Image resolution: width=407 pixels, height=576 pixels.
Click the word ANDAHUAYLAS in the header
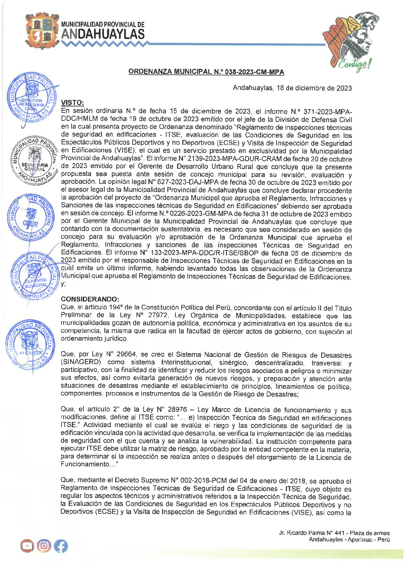103,34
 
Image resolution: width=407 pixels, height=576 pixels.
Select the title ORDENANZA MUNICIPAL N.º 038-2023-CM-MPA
206,72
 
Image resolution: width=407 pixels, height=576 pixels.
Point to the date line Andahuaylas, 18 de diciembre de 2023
292,88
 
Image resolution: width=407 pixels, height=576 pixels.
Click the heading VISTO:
72,103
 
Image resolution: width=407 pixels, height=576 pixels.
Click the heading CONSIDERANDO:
90,299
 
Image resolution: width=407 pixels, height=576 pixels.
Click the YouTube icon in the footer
27,546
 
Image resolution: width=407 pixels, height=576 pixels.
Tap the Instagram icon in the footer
44,546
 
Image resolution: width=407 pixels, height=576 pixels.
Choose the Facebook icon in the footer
61,546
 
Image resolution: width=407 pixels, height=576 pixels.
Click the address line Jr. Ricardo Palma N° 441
334,533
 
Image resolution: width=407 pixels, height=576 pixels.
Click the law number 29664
126,355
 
